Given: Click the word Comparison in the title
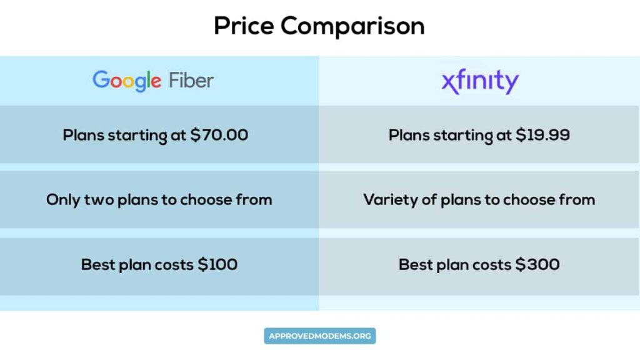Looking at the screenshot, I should tap(352, 26).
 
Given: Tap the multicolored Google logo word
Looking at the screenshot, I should tap(127, 81).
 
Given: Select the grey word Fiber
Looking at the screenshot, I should tap(191, 81).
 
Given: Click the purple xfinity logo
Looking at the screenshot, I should tap(480, 82).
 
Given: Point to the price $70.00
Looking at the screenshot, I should tap(219, 135).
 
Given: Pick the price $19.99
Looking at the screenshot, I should tap(542, 135).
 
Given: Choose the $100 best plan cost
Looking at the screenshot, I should tap(217, 264).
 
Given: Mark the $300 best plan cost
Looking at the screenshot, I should tap(537, 264).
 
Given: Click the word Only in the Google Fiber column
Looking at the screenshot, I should tap(62, 200).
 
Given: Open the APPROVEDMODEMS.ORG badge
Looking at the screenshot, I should tap(320, 336).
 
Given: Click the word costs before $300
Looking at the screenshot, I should tap(492, 264).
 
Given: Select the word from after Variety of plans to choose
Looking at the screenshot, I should tap(577, 200).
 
